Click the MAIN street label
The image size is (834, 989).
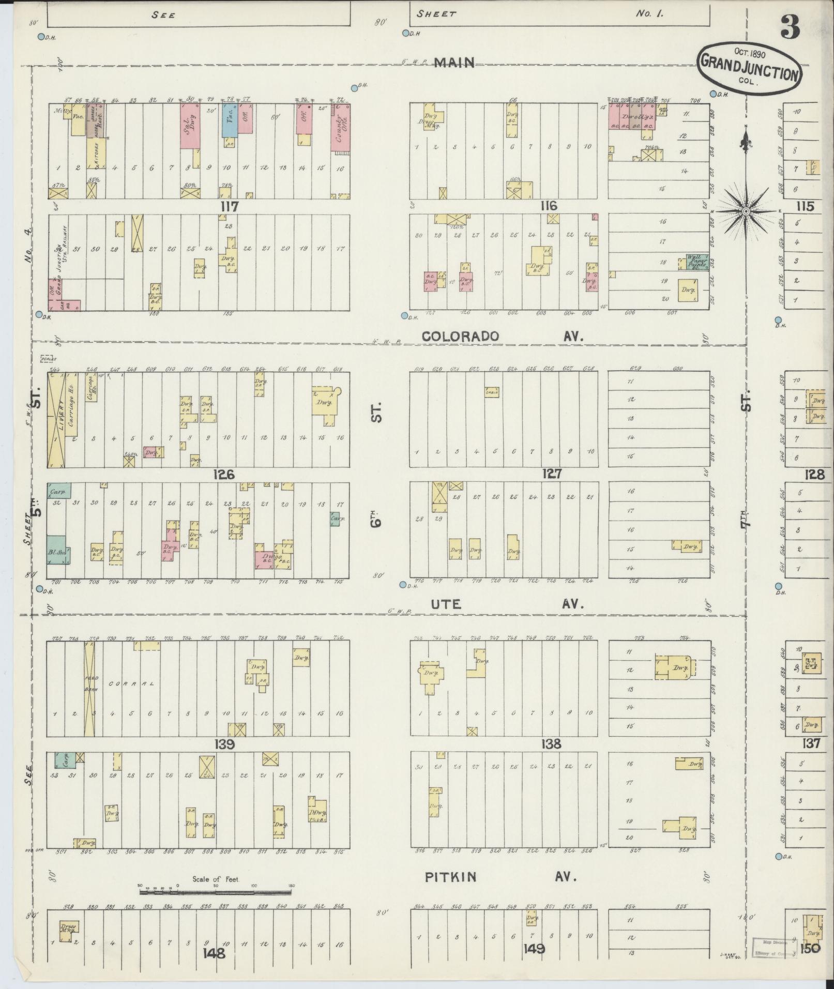tap(454, 63)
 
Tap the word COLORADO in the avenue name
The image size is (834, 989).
tap(460, 336)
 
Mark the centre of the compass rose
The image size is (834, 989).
tap(746, 212)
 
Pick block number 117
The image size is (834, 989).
tap(229, 207)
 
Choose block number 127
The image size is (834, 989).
tap(552, 474)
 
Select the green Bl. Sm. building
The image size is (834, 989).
tap(58, 549)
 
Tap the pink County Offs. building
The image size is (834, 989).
tap(340, 128)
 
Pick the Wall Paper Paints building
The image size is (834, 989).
tap(698, 262)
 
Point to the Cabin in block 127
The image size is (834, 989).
tap(491, 392)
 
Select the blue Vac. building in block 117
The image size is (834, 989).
tap(230, 120)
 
